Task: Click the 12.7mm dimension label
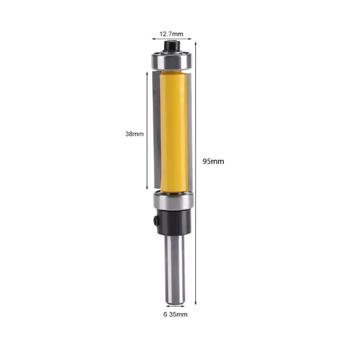tap(171, 33)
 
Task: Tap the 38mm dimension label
tap(135, 134)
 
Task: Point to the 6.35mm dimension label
tap(175, 315)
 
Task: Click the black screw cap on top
tap(172, 45)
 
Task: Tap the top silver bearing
tap(172, 60)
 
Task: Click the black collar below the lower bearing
tap(173, 222)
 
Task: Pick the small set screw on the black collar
tap(156, 221)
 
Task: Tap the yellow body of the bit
tap(173, 130)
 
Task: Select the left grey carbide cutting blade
tap(156, 130)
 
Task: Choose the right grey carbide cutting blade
tap(190, 130)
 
